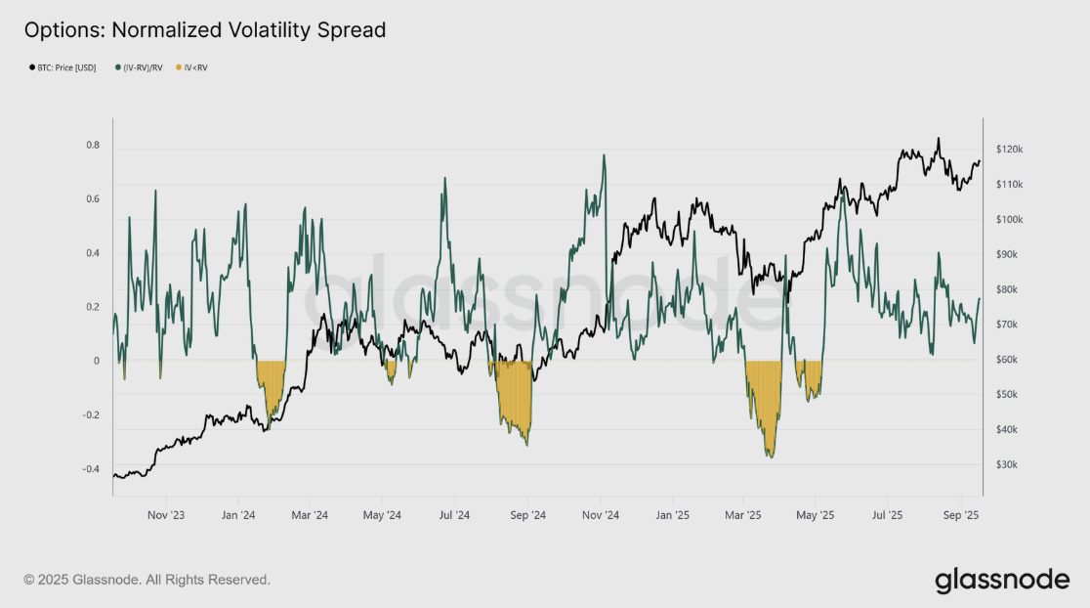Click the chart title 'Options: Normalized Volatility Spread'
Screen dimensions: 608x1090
point(205,30)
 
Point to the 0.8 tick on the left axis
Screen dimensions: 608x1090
point(93,146)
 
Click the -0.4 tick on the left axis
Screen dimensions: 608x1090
point(91,469)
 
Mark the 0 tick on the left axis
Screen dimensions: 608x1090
point(96,362)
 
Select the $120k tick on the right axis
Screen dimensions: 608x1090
point(1009,150)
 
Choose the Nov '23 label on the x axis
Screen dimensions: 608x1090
point(167,514)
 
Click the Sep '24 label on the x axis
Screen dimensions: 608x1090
point(526,514)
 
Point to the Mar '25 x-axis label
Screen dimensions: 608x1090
point(743,514)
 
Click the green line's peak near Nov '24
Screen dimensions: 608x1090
point(604,154)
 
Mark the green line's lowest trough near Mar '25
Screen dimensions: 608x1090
point(771,456)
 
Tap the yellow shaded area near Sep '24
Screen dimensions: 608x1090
point(516,401)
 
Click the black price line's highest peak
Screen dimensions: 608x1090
point(938,138)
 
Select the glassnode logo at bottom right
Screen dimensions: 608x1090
point(1002,580)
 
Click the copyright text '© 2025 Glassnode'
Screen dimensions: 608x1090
point(147,580)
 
